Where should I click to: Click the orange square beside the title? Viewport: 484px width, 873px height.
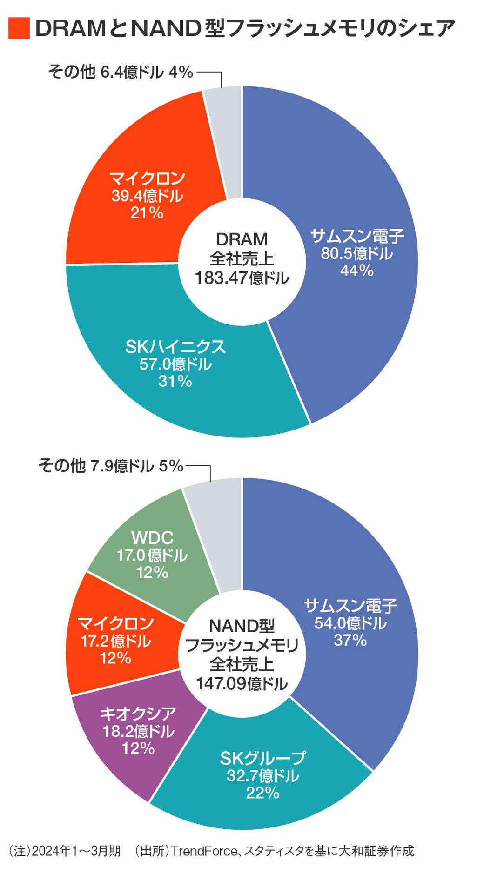[x=19, y=28]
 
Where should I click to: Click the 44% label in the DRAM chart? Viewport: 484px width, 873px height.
[x=356, y=270]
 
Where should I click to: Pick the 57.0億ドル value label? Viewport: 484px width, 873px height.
[x=175, y=364]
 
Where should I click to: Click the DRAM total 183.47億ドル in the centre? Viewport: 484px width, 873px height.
[x=242, y=278]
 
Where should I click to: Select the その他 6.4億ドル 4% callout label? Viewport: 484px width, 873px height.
[x=121, y=72]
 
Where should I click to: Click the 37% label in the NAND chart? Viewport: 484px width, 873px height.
[x=350, y=640]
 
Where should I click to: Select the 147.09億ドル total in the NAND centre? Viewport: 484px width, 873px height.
[x=242, y=684]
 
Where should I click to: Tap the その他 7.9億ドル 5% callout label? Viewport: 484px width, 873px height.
[x=111, y=465]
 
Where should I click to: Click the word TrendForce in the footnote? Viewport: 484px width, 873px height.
[x=204, y=851]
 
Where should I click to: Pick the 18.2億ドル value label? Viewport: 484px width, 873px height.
[x=138, y=731]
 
